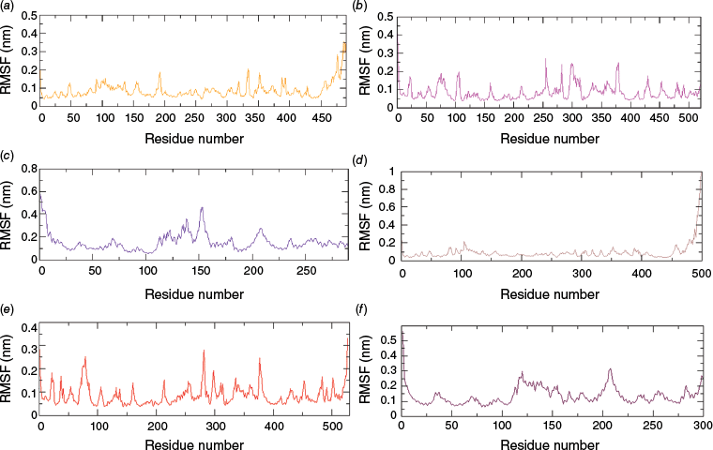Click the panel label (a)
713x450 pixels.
tap(9, 7)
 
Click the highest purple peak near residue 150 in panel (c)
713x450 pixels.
tap(201, 207)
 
